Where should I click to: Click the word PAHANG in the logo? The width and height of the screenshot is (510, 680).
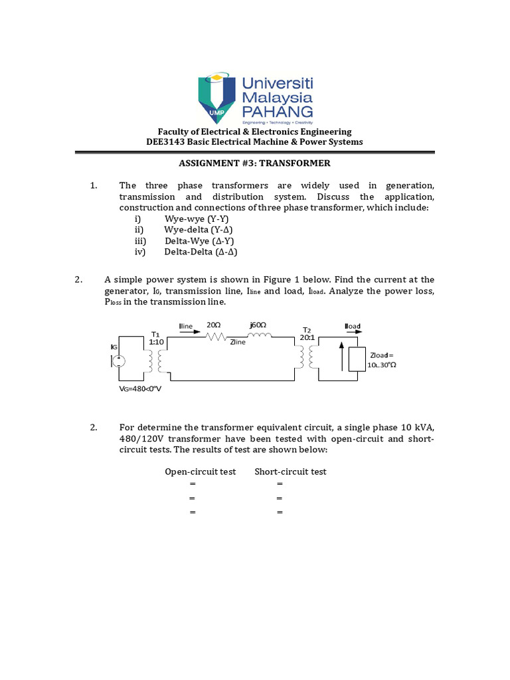(x=278, y=111)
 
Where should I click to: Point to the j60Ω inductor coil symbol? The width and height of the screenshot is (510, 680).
(x=258, y=336)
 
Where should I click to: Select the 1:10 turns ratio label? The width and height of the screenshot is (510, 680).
(x=156, y=341)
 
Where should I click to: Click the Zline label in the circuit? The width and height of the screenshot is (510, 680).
(x=238, y=343)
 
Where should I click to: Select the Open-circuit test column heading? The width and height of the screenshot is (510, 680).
(x=200, y=471)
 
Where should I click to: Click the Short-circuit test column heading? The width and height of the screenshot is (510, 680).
(x=290, y=471)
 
